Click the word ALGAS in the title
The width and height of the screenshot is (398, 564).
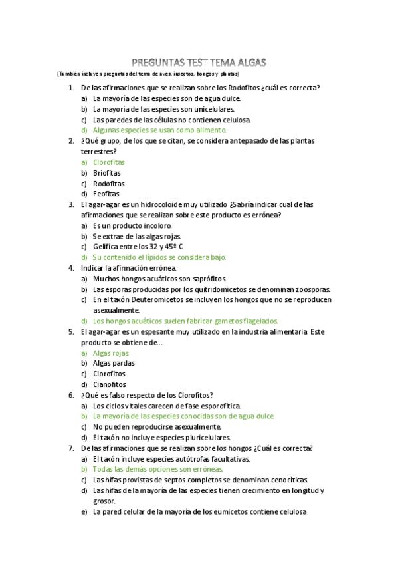point(248,62)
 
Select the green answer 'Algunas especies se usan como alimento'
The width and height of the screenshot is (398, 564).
point(159,130)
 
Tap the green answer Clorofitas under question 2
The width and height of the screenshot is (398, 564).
point(109,162)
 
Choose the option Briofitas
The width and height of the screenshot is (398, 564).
point(107,173)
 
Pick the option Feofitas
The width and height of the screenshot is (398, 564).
point(106,194)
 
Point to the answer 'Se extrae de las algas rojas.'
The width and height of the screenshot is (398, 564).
point(137,236)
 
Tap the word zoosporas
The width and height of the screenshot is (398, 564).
point(311,289)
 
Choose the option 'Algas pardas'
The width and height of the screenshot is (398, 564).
point(114,364)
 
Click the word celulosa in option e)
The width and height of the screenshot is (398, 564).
point(289,512)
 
